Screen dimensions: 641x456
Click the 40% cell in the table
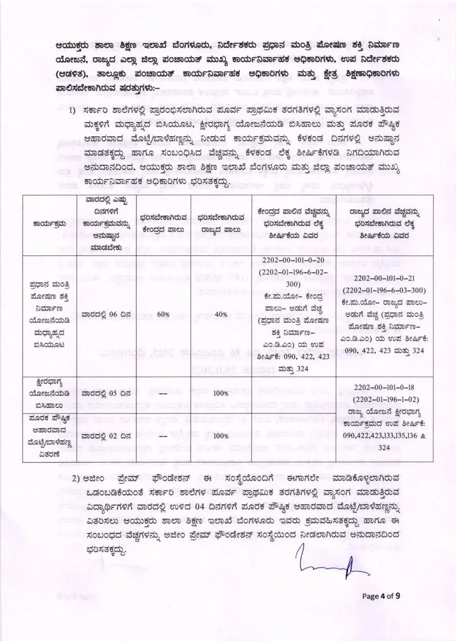[221, 314]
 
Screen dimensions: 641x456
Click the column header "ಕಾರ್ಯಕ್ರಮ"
[50, 223]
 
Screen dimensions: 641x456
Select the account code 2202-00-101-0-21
[385, 279]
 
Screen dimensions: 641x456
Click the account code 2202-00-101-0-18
[385, 387]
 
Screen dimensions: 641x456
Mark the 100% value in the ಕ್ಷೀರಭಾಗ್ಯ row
[221, 394]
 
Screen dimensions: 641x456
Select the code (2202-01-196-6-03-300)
[385, 291]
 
